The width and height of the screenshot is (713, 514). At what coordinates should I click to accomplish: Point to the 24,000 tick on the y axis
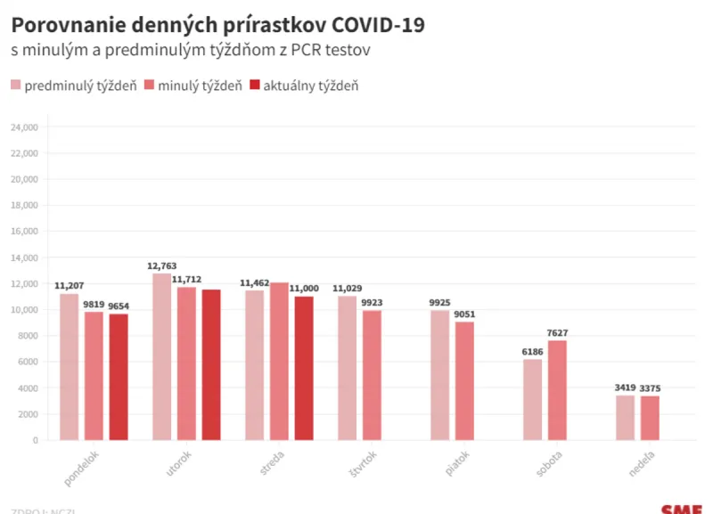coord(23,127)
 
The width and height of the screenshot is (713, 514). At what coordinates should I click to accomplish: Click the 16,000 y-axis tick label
coord(23,232)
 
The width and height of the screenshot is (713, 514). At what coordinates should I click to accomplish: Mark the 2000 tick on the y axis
coord(27,414)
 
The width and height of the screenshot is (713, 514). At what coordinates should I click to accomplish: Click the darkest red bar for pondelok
coord(119,377)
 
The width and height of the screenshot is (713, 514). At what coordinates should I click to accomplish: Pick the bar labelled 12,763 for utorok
coord(161,356)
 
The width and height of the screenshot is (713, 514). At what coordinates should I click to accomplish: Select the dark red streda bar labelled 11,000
coord(304,368)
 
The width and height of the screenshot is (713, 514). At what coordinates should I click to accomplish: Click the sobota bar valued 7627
coord(557,390)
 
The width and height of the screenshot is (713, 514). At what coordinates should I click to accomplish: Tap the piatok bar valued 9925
coord(439,375)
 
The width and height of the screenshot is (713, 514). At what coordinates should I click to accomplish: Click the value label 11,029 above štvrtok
coord(348,289)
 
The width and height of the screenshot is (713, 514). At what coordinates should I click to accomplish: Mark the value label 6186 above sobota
coord(533,352)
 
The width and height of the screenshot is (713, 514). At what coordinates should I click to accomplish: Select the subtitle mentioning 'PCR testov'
coord(191,51)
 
